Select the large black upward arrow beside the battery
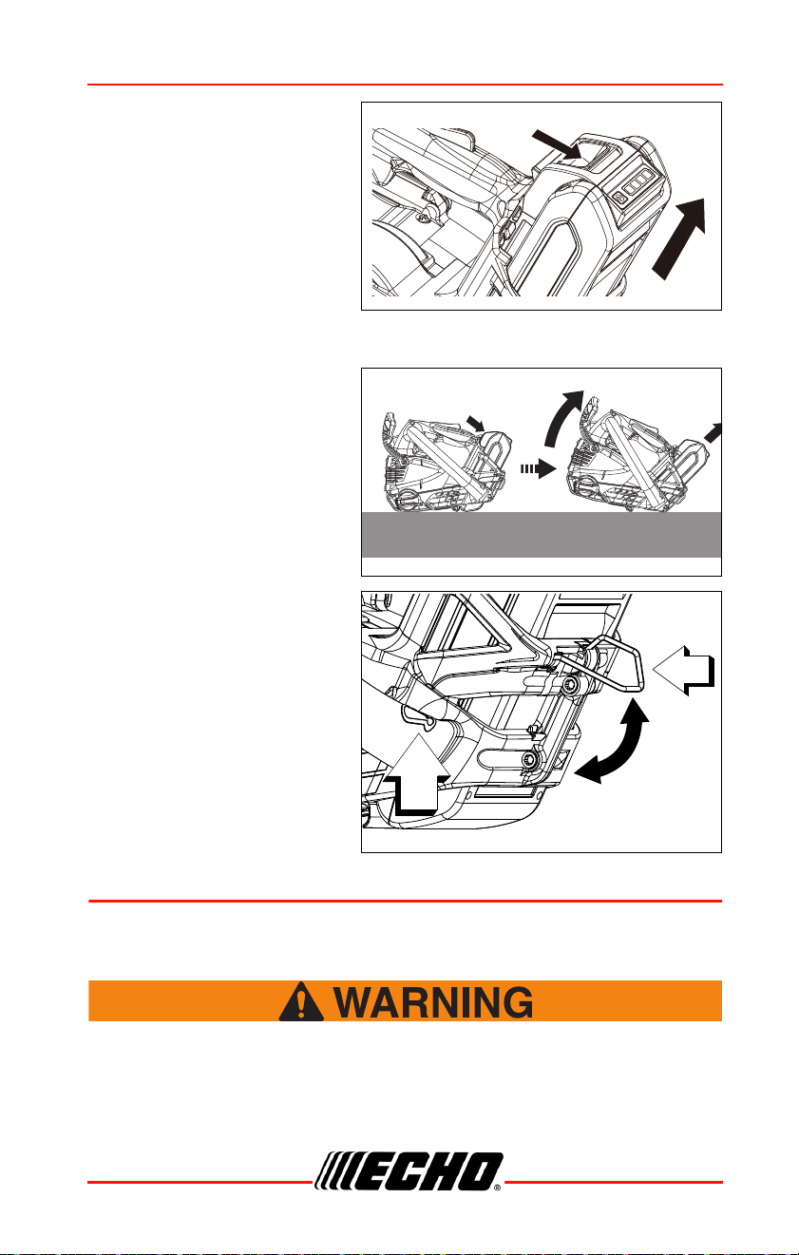point(679,238)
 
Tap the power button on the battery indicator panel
point(618,198)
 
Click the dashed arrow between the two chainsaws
point(538,468)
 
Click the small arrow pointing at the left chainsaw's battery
point(476,424)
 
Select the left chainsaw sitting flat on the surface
point(447,463)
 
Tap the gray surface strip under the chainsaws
point(542,535)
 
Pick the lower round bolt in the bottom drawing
point(529,759)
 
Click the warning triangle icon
point(301,1001)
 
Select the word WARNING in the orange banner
point(433,1002)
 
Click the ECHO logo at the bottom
point(408,1171)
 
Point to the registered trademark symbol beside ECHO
point(497,1187)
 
